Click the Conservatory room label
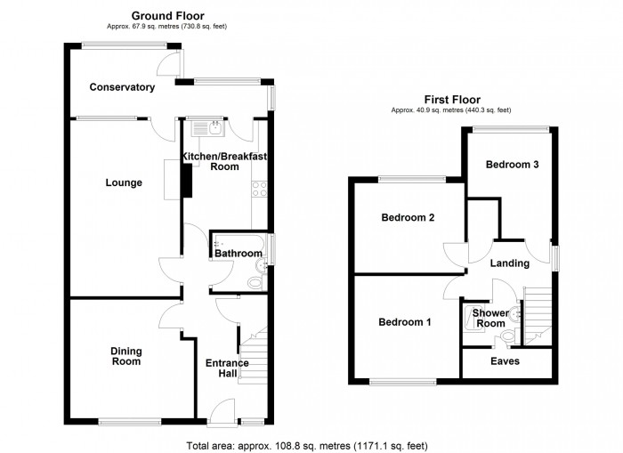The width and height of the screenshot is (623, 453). pos(122,87)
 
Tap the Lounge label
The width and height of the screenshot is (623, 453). pos(124,183)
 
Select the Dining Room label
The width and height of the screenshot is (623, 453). pos(125,356)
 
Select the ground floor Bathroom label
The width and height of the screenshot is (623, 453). pos(238,254)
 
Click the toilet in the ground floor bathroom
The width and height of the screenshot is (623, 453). pos(255,282)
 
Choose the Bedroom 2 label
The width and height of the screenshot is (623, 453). pos(407,218)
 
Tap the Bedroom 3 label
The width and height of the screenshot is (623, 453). pos(512,165)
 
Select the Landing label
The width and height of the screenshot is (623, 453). pos(510,263)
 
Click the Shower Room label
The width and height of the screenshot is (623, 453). pos(489,318)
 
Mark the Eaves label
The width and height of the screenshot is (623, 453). pos(506,361)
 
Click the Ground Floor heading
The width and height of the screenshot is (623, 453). pos(167,16)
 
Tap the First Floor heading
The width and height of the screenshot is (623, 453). pos(450,100)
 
